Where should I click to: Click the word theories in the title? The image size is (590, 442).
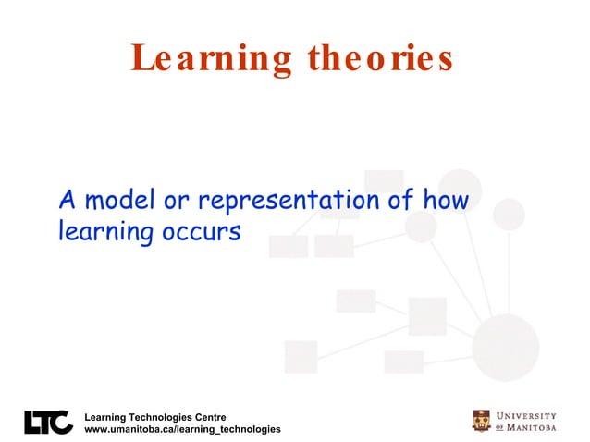tap(382, 58)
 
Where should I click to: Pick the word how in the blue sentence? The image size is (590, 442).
tap(446, 199)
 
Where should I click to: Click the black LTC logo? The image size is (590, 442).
tap(48, 422)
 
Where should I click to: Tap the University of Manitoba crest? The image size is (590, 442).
tap(482, 421)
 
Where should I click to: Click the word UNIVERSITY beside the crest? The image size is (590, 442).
tap(527, 415)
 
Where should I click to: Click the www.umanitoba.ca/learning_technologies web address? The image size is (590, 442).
tap(182, 430)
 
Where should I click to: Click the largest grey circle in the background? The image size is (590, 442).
tap(505, 347)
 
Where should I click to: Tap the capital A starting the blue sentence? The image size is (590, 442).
tap(66, 199)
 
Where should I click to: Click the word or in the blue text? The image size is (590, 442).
tap(175, 199)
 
